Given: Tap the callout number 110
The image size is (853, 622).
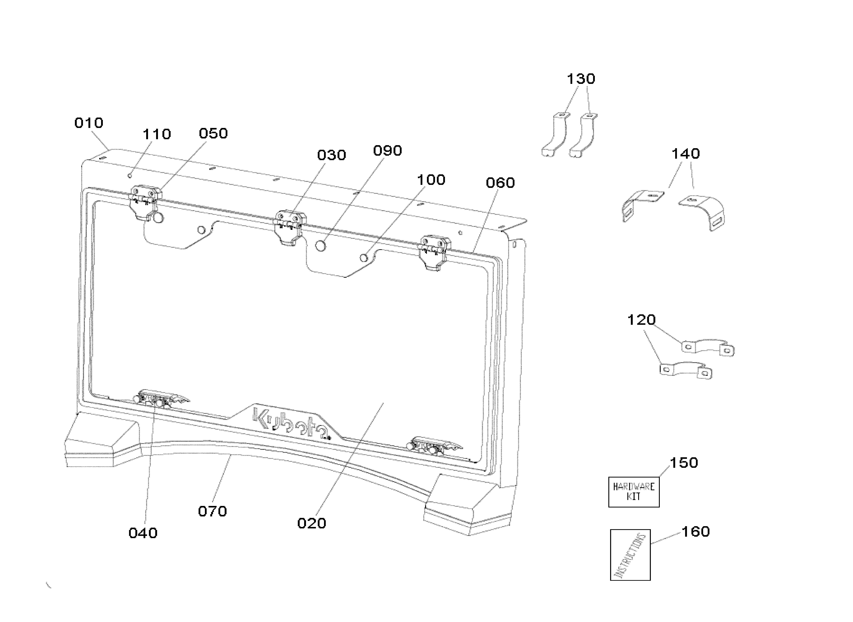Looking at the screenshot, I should (x=157, y=134).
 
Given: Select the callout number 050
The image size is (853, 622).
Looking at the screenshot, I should (x=213, y=134).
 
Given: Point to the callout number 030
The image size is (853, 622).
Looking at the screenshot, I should (x=332, y=155).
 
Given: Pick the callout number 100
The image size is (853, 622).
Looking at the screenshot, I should (x=431, y=180).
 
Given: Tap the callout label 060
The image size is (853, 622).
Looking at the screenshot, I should (x=500, y=183).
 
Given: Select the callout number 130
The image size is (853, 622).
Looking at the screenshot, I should (x=581, y=79).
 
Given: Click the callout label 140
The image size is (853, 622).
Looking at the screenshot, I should (x=686, y=154).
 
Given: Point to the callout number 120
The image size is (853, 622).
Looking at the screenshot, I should (x=641, y=320).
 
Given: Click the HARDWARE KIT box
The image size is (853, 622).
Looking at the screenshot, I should (x=634, y=492).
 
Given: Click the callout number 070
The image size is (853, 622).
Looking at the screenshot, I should (x=212, y=511).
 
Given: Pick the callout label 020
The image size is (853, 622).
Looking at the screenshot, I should (x=312, y=523).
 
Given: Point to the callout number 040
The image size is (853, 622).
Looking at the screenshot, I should (x=143, y=533).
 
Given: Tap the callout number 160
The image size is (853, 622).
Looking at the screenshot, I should (x=696, y=532).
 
